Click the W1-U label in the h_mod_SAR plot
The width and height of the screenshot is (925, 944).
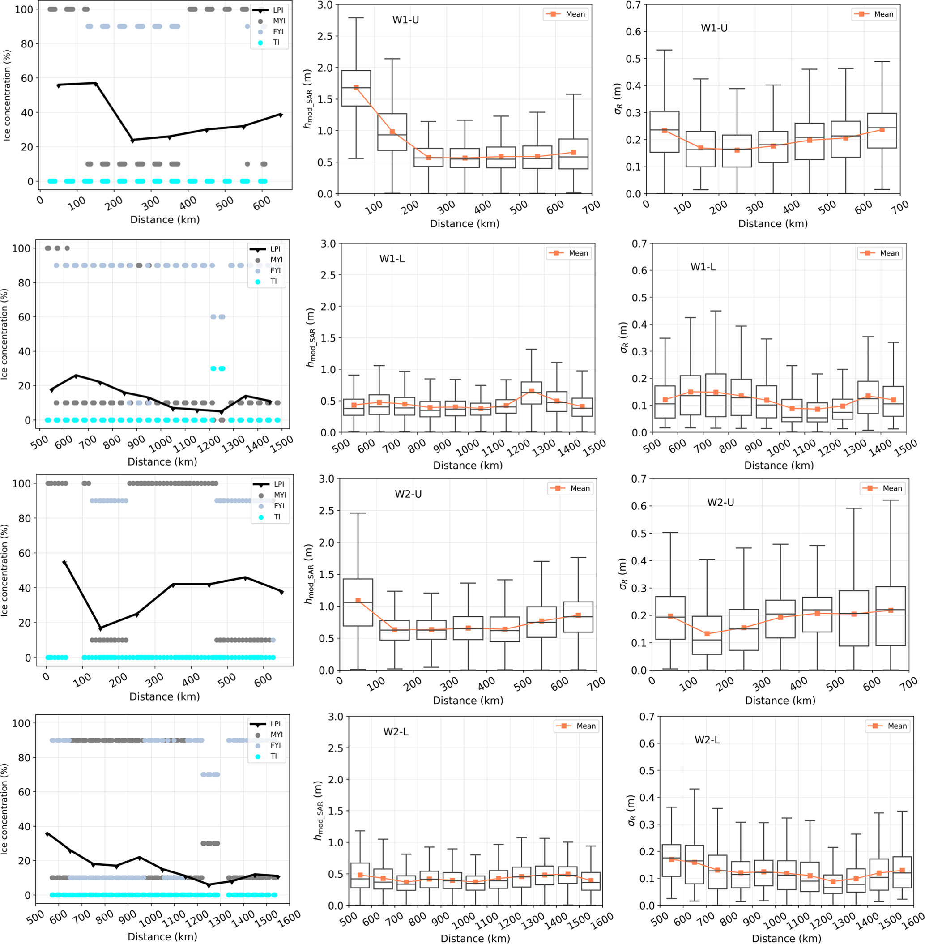[405, 20]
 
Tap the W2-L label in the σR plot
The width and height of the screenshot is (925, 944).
[707, 740]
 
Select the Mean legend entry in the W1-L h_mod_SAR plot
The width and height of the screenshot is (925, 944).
[569, 253]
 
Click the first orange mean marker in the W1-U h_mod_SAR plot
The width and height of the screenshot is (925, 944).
[356, 88]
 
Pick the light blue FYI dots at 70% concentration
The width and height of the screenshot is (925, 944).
[210, 774]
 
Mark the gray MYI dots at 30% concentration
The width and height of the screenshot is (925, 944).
[210, 843]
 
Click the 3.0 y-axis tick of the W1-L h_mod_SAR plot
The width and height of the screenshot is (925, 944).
[328, 244]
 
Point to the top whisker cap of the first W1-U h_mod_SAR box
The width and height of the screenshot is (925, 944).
[356, 18]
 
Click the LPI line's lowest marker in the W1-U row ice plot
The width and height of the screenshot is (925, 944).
[132, 141]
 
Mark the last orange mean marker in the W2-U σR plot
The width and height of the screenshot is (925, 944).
[891, 610]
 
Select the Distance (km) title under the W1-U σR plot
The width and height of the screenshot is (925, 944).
[772, 223]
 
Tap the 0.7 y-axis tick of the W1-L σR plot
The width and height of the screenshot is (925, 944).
[638, 244]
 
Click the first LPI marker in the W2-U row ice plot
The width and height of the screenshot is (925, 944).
[64, 563]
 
